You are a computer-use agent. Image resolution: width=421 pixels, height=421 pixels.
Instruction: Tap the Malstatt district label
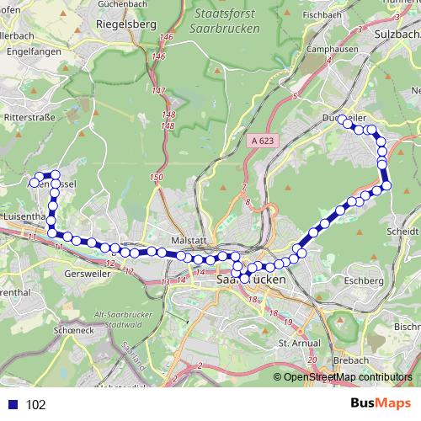[188, 239]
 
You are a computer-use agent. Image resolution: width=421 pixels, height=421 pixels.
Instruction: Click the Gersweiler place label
[83, 274]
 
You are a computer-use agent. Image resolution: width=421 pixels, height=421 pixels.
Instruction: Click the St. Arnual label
[296, 344]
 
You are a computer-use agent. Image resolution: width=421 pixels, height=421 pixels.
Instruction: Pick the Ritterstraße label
[31, 117]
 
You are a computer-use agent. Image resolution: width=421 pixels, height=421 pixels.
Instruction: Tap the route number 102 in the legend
[35, 404]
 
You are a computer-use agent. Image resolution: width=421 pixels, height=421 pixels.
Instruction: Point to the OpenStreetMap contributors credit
[348, 377]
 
